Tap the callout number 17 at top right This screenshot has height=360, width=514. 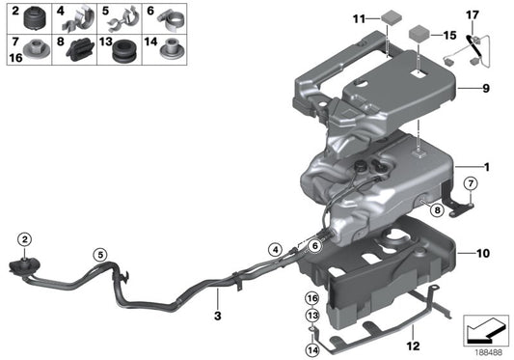(472, 14)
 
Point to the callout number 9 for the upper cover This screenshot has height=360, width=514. (488, 88)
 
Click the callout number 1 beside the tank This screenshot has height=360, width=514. (488, 167)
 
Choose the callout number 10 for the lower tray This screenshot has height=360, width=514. (484, 254)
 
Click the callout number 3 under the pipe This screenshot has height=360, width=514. (218, 315)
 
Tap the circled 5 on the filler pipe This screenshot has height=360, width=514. (98, 255)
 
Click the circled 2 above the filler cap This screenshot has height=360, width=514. (24, 238)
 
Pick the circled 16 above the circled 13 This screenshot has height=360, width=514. (311, 297)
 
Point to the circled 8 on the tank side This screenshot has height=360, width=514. (436, 209)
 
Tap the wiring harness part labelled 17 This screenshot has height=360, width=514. (476, 42)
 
